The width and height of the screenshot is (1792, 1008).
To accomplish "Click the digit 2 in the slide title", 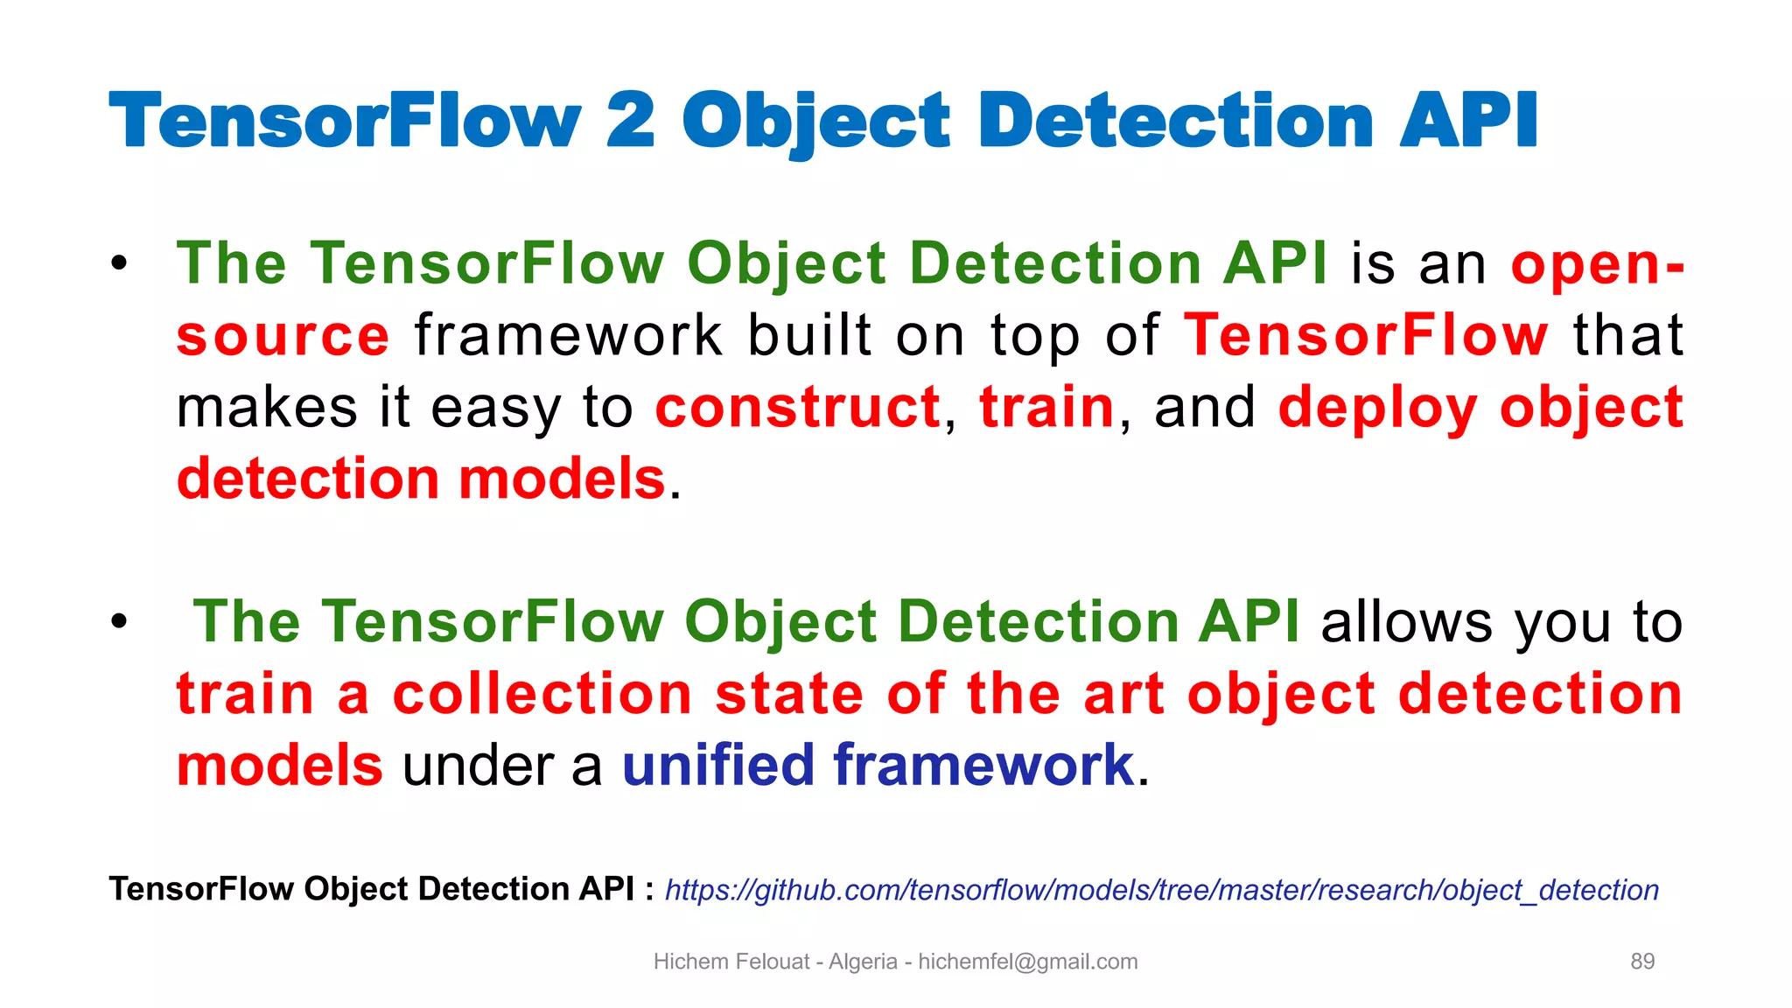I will (x=629, y=121).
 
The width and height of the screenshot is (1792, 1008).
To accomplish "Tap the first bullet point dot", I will (x=119, y=262).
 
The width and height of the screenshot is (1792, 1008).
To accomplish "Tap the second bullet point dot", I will (x=119, y=621).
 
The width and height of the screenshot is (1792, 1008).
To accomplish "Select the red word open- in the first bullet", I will (x=1597, y=264).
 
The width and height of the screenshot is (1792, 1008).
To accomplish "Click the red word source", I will (x=283, y=336).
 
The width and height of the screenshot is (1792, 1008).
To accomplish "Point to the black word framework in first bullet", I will (x=569, y=336).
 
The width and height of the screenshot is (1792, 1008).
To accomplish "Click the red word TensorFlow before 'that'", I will (x=1365, y=336).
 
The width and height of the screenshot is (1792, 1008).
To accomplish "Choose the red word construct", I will (x=797, y=408).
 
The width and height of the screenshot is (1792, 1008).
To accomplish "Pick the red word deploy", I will (x=1377, y=409).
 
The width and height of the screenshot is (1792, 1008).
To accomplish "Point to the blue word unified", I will (x=717, y=766).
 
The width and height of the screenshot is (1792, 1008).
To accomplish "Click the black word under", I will (x=478, y=766).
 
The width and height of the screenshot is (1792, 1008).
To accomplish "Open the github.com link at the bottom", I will (x=1161, y=890).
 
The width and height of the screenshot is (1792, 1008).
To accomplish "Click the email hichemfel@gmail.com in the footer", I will (x=1027, y=962).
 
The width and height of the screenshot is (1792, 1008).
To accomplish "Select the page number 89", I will (x=1642, y=962).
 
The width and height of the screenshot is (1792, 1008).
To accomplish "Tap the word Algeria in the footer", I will (x=862, y=962).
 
